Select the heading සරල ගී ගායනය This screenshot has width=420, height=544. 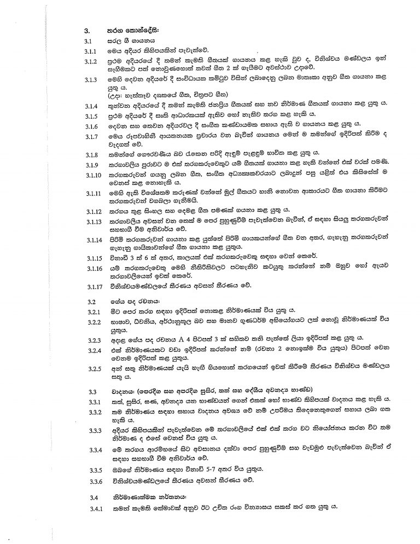coord(127,41)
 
